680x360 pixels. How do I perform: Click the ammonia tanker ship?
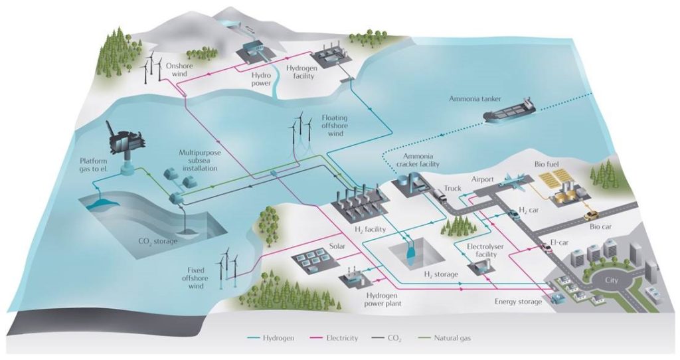(510, 111)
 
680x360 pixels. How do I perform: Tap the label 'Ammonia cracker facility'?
(421, 160)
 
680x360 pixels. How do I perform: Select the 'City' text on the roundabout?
(612, 280)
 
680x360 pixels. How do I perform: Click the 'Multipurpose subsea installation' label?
(200, 161)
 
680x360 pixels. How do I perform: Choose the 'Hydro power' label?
(262, 80)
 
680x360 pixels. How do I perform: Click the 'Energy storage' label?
(518, 302)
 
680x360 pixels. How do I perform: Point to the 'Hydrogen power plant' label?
(383, 300)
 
